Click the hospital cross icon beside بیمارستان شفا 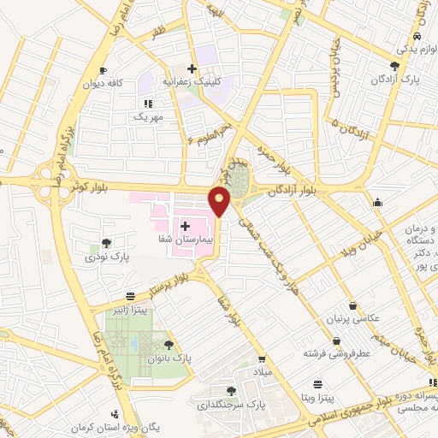pyautogui.click(x=186, y=226)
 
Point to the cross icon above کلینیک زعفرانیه pyautogui.click(x=192, y=68)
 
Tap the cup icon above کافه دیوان pyautogui.click(x=103, y=70)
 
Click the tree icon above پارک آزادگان pyautogui.click(x=394, y=65)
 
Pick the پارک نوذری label pyautogui.click(x=104, y=257)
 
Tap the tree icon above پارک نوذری pyautogui.click(x=106, y=244)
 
